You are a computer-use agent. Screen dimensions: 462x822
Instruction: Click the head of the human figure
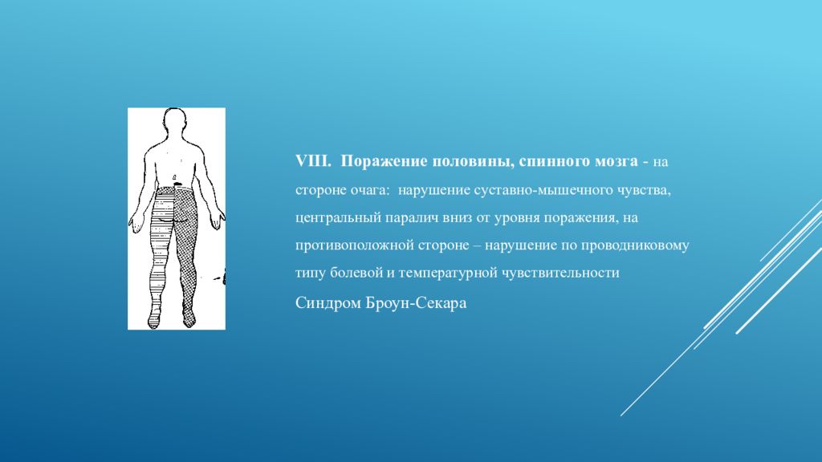pos(176,125)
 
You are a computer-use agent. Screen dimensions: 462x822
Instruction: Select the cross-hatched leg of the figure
pos(189,249)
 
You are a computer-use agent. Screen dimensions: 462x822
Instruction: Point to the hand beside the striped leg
pos(137,220)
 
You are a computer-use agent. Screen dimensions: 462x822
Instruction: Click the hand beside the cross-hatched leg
pos(216,218)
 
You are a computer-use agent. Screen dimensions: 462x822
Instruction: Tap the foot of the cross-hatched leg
pos(189,319)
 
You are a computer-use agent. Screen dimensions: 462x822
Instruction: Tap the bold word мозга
pos(615,161)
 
